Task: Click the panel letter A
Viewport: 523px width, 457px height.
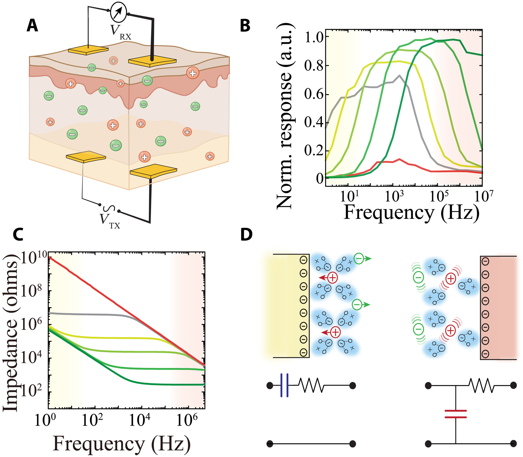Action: (32, 26)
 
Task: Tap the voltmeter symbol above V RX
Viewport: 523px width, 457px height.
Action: (118, 12)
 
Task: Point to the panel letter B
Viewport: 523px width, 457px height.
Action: (245, 26)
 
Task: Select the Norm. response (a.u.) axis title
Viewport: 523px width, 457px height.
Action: (285, 115)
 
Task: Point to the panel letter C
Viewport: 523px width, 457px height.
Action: (18, 234)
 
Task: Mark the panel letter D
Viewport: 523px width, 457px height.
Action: (246, 234)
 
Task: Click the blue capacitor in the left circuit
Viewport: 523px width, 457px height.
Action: (284, 385)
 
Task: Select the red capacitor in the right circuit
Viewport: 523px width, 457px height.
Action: (455, 414)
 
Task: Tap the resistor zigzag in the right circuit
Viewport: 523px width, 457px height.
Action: (482, 385)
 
